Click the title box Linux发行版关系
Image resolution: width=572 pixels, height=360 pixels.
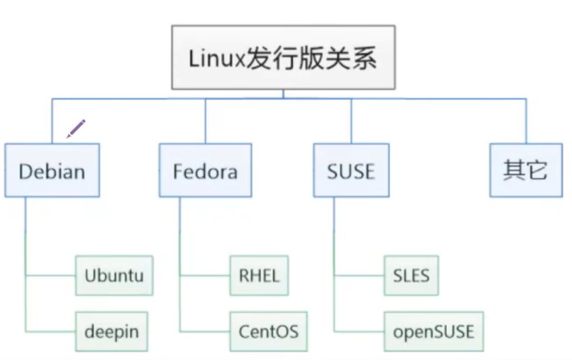[283, 58]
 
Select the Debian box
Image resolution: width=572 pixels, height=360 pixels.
[52, 170]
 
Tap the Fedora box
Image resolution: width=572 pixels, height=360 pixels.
[205, 170]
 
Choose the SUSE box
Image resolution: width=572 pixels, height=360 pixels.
[350, 170]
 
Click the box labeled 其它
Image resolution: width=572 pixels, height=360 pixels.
[526, 170]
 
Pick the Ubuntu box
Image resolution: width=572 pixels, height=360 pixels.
[115, 276]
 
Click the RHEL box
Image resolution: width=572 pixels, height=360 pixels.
[259, 276]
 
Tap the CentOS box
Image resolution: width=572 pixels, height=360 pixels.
[268, 331]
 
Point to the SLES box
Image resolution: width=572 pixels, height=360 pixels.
[411, 276]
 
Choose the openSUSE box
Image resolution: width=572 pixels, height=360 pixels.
[433, 331]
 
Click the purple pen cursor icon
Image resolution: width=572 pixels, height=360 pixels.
[76, 128]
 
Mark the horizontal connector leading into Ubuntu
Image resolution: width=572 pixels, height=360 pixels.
[51, 276]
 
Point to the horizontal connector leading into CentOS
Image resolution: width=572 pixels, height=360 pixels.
[205, 331]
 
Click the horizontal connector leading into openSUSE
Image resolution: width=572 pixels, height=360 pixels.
[359, 331]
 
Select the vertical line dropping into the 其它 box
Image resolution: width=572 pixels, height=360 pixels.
[526, 121]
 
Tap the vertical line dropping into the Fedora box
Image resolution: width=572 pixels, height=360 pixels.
[205, 121]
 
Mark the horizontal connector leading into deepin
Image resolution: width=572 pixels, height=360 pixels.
[51, 331]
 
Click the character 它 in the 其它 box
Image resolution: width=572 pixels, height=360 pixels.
[537, 170]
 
